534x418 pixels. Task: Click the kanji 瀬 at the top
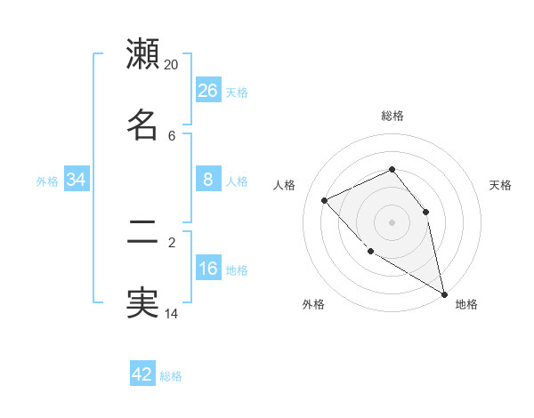(x=142, y=54)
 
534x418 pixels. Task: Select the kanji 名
(x=142, y=125)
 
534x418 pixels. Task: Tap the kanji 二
(x=142, y=233)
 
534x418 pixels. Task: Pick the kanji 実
(x=142, y=303)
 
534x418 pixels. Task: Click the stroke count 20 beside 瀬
(x=172, y=65)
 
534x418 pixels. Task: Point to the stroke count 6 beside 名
(x=172, y=135)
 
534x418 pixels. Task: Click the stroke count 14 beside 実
(x=172, y=312)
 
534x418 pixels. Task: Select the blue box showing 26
(x=208, y=91)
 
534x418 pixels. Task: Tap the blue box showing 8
(x=208, y=180)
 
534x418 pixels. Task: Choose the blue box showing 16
(x=208, y=269)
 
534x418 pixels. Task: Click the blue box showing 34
(x=77, y=180)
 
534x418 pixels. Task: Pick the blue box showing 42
(x=142, y=374)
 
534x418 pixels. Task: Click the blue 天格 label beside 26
(x=237, y=92)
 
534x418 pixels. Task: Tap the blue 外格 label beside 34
(x=47, y=181)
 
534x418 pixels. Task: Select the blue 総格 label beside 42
(x=171, y=376)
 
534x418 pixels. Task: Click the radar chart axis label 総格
(x=392, y=116)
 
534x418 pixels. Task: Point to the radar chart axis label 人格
(x=284, y=185)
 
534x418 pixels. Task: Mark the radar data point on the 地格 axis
(x=444, y=293)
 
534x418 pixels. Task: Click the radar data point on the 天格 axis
(x=425, y=212)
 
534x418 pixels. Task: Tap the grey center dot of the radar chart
(x=392, y=222)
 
